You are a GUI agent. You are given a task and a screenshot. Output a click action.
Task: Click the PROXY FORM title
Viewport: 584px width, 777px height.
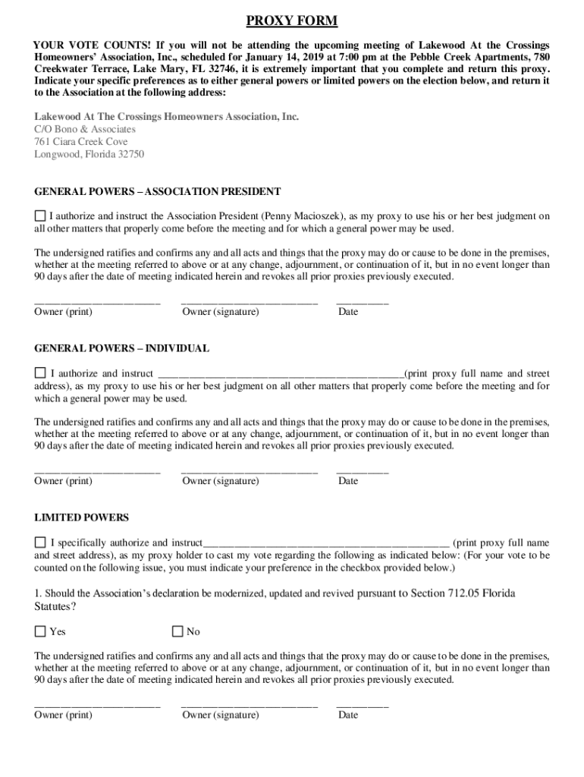coord(292,20)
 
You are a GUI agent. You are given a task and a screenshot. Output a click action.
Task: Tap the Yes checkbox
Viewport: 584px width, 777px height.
coord(40,631)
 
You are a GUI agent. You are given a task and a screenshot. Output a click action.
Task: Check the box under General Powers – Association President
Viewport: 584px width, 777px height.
coord(40,216)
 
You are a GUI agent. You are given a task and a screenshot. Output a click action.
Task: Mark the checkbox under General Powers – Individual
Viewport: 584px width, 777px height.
coord(40,373)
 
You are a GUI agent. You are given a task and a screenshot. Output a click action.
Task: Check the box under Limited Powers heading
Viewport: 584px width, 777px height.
coord(40,543)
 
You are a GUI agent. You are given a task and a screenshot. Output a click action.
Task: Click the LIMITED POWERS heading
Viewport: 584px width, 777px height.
coord(82,517)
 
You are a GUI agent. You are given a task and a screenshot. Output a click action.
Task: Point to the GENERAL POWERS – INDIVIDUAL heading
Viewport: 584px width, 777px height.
coord(121,348)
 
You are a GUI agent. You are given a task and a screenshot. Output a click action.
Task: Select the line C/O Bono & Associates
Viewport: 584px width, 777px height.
coord(85,129)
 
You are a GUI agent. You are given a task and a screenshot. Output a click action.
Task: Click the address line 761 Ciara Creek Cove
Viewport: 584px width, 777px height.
coord(81,142)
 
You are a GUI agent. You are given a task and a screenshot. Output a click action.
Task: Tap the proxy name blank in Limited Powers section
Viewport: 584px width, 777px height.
coord(326,543)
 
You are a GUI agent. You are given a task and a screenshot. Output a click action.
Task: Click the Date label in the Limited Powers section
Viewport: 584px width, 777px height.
coord(348,715)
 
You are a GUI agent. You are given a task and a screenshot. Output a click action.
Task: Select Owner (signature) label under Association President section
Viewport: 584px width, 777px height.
coord(221,312)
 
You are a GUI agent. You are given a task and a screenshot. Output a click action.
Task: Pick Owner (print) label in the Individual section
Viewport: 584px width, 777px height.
coord(64,481)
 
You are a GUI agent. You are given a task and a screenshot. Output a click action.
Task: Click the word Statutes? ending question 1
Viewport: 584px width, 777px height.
coord(55,607)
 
